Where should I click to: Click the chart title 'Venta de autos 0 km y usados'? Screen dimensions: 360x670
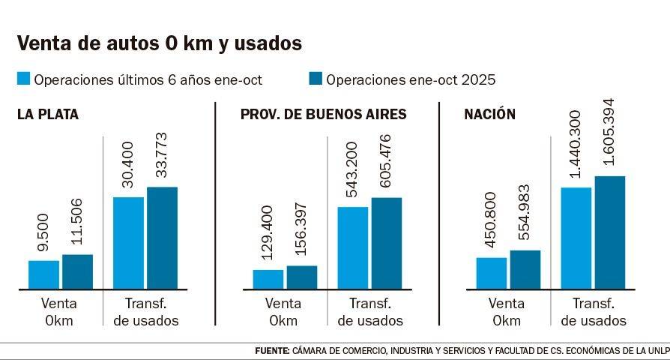159,43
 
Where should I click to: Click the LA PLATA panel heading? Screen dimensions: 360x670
48,115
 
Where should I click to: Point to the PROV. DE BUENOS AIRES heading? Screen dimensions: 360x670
323,115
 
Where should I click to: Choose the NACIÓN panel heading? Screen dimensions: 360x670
489,115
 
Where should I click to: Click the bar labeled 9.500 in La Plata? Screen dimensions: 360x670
43,274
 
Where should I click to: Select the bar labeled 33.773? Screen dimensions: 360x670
162,238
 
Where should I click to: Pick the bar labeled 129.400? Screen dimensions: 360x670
268,279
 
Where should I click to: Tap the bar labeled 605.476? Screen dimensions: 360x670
387,243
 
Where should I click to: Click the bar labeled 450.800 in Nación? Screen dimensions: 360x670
492,273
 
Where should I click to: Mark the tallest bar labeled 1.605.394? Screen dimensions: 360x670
610,232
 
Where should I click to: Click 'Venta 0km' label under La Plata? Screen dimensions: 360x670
59,312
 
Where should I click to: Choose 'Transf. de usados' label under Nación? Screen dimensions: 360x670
594,312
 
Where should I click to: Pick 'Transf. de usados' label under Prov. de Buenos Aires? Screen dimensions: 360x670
370,312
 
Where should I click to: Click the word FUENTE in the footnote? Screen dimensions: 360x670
271,351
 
